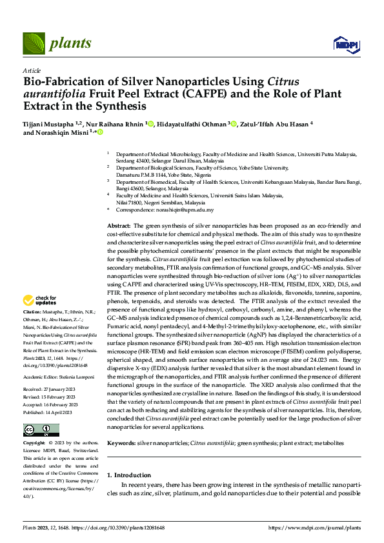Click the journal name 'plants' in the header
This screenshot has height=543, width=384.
click(x=66, y=43)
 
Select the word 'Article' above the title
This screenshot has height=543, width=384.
click(x=31, y=70)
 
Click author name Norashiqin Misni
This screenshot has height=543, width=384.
click(x=56, y=132)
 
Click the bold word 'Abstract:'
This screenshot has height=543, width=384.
click(x=119, y=225)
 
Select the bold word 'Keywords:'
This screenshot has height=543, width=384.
click(x=121, y=444)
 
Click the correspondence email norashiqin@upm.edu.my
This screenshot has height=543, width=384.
click(x=185, y=210)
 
